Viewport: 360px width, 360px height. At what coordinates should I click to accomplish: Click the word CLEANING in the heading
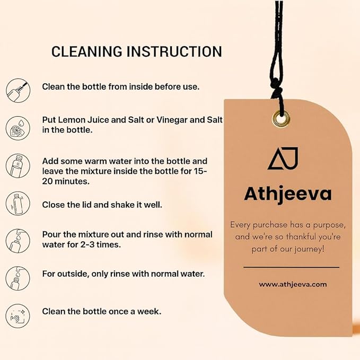tap(86, 51)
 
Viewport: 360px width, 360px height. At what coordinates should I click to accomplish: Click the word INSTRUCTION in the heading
tap(174, 51)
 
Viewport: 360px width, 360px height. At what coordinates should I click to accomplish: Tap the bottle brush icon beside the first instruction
tap(18, 90)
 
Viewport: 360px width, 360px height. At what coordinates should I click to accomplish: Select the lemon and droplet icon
tap(18, 128)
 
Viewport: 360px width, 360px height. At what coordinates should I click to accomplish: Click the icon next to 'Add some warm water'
tap(18, 166)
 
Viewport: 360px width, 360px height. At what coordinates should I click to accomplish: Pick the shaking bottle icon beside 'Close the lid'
tap(18, 204)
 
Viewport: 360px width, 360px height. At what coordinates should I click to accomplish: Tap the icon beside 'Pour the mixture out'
tap(18, 241)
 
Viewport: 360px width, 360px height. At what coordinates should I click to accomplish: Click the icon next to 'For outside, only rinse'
tap(18, 278)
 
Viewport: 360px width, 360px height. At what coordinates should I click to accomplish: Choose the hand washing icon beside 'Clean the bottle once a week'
tap(18, 316)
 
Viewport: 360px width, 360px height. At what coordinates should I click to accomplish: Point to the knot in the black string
tap(276, 89)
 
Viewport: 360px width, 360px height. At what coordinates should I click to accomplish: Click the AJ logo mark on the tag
tap(283, 159)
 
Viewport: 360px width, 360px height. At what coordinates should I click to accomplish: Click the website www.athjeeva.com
tap(293, 285)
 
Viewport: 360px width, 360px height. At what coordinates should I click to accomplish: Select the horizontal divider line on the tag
tap(292, 267)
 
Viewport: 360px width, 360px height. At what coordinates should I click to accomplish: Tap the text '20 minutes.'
tap(66, 181)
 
